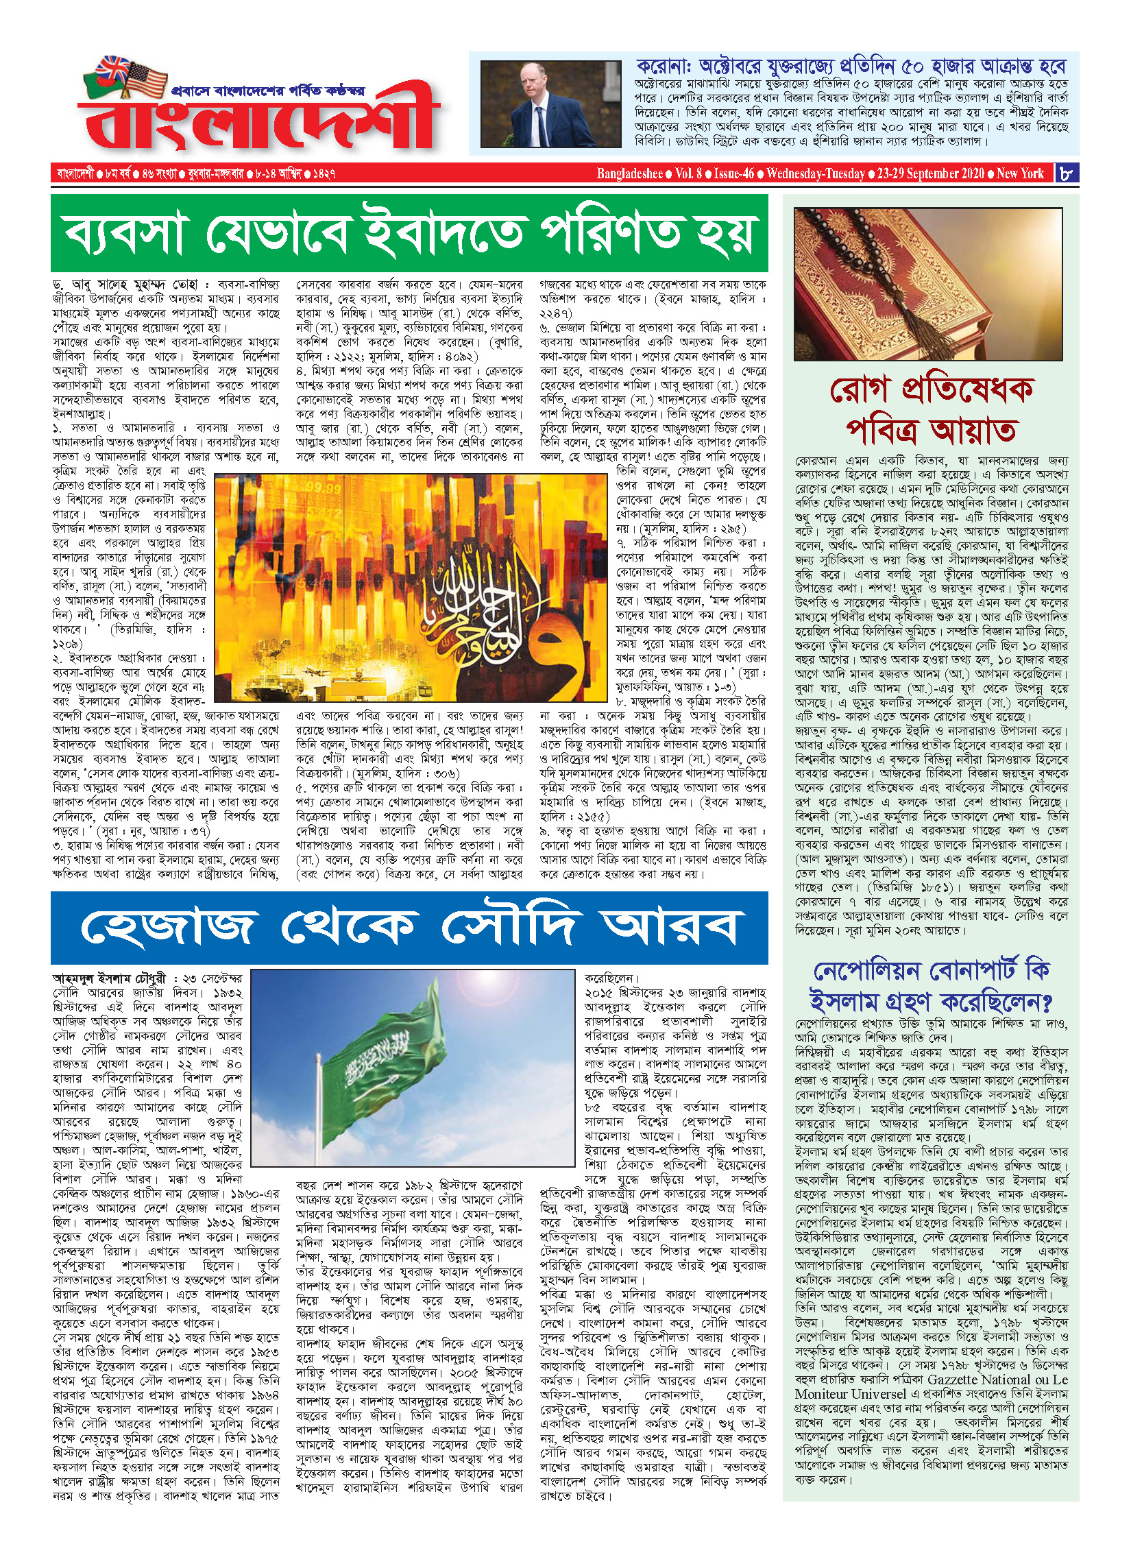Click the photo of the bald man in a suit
[x=550, y=104]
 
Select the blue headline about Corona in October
[x=851, y=67]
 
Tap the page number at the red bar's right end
[x=1066, y=173]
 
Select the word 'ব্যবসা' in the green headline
[x=123, y=233]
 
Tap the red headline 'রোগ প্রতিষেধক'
[x=930, y=389]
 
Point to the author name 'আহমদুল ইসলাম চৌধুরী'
[x=110, y=978]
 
